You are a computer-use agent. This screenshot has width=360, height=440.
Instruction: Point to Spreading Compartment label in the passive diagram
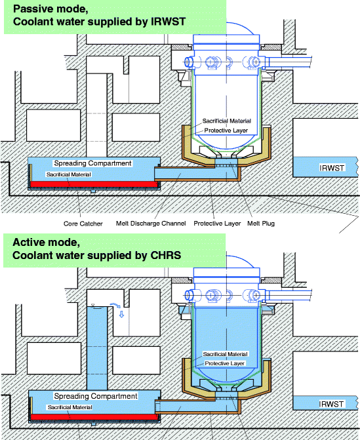(x=92, y=163)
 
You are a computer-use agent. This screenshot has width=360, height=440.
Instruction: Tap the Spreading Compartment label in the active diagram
(x=96, y=396)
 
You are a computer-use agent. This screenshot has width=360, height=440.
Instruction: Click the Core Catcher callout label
(x=83, y=224)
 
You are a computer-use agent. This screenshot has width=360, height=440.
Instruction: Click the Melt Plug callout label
(x=261, y=224)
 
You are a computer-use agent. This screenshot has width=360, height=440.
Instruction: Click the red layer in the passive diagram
(x=95, y=185)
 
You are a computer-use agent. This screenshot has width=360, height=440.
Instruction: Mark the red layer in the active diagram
(x=95, y=417)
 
